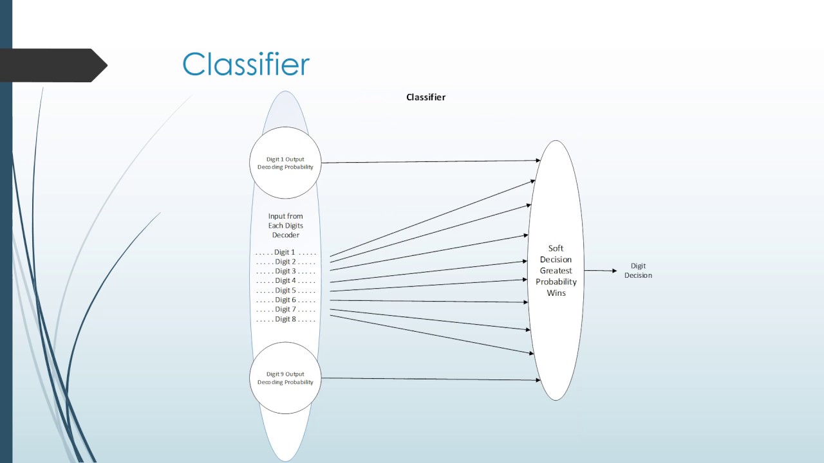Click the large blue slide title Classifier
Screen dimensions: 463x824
[246, 65]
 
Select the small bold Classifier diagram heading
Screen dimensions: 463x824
[426, 97]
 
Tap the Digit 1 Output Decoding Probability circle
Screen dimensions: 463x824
[285, 163]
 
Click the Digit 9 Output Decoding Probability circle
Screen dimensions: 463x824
[285, 378]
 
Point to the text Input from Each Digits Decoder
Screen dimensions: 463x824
[285, 226]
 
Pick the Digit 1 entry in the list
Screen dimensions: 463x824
[285, 252]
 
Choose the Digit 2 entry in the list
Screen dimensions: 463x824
[285, 262]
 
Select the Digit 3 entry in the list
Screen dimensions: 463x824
[285, 271]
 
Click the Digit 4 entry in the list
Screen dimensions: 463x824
[285, 280]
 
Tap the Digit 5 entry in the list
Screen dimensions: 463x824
[285, 290]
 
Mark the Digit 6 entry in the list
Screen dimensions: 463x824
[285, 300]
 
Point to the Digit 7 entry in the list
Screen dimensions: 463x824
[285, 309]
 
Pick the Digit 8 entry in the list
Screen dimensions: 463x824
[285, 319]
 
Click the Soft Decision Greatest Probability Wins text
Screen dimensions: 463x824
[556, 271]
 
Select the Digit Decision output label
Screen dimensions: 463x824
[638, 271]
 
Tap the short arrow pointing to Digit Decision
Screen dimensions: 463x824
[600, 271]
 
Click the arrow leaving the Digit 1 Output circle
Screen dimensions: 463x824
[430, 161]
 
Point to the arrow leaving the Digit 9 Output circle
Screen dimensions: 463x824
[430, 379]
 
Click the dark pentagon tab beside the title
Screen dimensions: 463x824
[55, 65]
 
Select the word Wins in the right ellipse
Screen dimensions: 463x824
[556, 293]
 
